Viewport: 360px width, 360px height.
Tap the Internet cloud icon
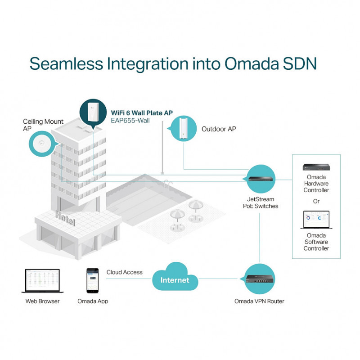pyautogui.click(x=175, y=279)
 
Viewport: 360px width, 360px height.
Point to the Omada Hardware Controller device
pyautogui.click(x=316, y=168)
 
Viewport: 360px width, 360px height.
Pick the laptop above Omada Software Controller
pyautogui.click(x=315, y=220)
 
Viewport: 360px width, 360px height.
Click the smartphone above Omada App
pyautogui.click(x=92, y=280)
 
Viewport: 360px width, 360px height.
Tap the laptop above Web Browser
pyautogui.click(x=42, y=281)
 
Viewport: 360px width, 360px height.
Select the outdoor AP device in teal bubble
pyautogui.click(x=184, y=128)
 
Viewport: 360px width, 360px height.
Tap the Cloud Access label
pyautogui.click(x=125, y=272)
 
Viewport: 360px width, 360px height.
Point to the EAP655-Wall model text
pyautogui.click(x=130, y=121)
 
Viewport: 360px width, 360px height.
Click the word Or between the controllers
pyautogui.click(x=316, y=201)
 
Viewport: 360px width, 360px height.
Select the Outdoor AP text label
pyautogui.click(x=219, y=129)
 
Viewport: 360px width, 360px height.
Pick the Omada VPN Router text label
pyautogui.click(x=259, y=301)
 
